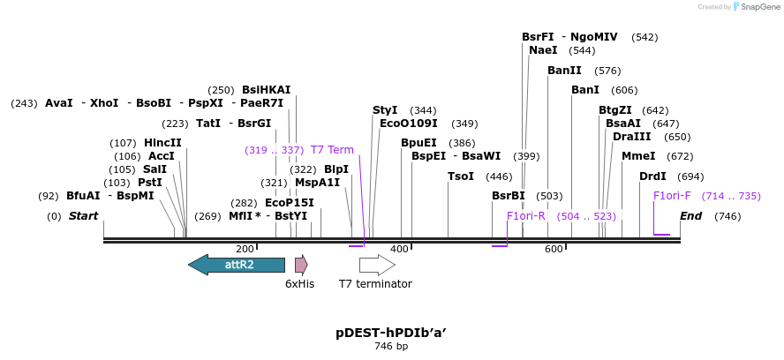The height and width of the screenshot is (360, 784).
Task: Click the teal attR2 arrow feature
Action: pos(237,265)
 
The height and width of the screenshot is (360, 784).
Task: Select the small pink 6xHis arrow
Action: pos(301,265)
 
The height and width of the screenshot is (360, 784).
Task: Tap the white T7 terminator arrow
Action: pos(377,265)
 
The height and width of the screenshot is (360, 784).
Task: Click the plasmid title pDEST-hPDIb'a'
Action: pos(391,333)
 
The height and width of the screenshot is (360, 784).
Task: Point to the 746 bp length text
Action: pos(391,347)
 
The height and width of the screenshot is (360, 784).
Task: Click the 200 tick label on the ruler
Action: pos(245,250)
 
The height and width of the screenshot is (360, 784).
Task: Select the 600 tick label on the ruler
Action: pos(554,250)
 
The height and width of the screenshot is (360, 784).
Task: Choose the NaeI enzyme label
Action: pos(543,50)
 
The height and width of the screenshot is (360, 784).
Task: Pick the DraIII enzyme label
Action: pos(632,137)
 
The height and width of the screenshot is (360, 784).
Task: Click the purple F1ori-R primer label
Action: pos(526,216)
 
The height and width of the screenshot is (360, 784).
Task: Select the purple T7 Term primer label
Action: pos(332,150)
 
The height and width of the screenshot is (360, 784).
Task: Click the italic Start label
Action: pos(84,216)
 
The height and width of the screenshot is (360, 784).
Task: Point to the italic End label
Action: pos(691,216)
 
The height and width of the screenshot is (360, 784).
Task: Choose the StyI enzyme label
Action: pos(385,110)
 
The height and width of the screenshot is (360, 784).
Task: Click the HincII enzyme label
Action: pos(162,143)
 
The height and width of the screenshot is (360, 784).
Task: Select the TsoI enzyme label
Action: pos(461,176)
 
